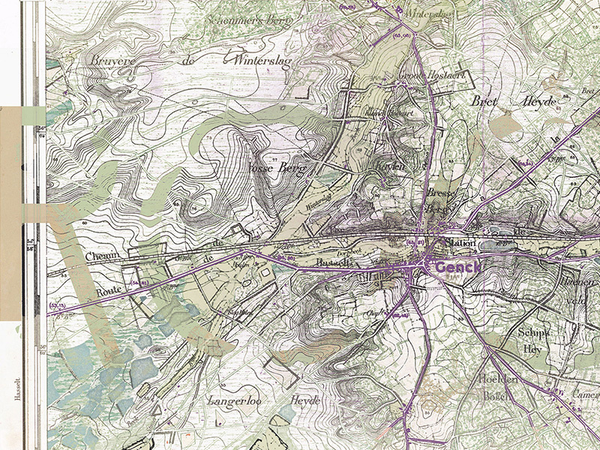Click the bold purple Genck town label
click(x=459, y=266)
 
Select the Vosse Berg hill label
click(x=277, y=170)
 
